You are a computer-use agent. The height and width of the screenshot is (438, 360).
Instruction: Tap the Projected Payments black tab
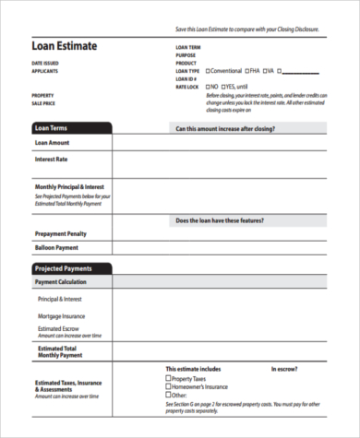[x=59, y=267]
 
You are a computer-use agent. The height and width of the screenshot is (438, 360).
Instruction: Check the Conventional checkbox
[x=209, y=70]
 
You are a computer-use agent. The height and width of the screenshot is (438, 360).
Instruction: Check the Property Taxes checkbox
[x=168, y=378]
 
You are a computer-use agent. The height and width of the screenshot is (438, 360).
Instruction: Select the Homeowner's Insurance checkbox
[x=168, y=385]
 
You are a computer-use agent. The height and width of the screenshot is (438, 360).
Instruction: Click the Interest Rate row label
[x=52, y=160]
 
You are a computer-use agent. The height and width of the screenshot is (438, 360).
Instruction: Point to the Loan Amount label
[x=52, y=143]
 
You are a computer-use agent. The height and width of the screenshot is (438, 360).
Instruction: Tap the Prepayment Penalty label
[x=61, y=233]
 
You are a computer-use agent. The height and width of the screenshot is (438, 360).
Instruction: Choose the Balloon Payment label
[x=56, y=247]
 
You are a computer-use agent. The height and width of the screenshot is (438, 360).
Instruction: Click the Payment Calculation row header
[x=63, y=281]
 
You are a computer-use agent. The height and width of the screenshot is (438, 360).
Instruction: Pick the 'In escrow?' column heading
[x=282, y=369]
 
